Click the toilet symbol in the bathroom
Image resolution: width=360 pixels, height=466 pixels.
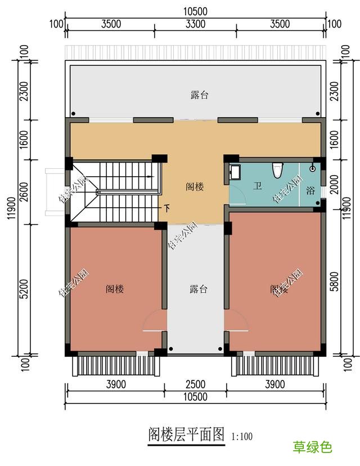pyautogui.click(x=276, y=170)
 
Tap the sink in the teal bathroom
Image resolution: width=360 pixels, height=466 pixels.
pyautogui.click(x=234, y=172)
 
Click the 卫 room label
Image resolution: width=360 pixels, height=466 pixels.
pyautogui.click(x=258, y=186)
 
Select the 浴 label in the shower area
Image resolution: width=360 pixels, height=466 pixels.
pyautogui.click(x=310, y=190)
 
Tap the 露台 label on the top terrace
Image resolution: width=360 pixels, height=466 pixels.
pyautogui.click(x=199, y=95)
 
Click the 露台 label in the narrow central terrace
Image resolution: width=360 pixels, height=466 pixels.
pyautogui.click(x=199, y=289)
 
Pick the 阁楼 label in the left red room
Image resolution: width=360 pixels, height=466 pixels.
pyautogui.click(x=115, y=289)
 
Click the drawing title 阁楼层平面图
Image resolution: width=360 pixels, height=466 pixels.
pyautogui.click(x=186, y=434)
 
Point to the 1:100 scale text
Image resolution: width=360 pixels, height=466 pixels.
pyautogui.click(x=242, y=436)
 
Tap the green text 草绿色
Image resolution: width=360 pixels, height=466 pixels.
pyautogui.click(x=312, y=447)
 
